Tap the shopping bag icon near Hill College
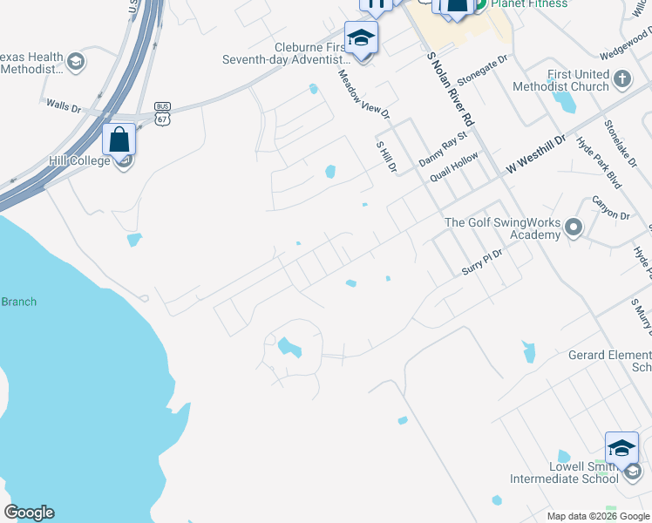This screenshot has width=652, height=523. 119,139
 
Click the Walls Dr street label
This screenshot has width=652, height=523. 64,105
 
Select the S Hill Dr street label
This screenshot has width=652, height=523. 386,155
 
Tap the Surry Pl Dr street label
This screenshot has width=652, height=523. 483,259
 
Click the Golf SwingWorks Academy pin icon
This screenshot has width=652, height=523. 573,228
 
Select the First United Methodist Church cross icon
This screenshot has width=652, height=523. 621,80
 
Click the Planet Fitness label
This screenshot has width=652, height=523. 529,4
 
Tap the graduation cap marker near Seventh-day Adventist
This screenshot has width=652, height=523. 360,38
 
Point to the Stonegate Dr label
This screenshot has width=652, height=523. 482,69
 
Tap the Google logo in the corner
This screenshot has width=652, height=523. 29,513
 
